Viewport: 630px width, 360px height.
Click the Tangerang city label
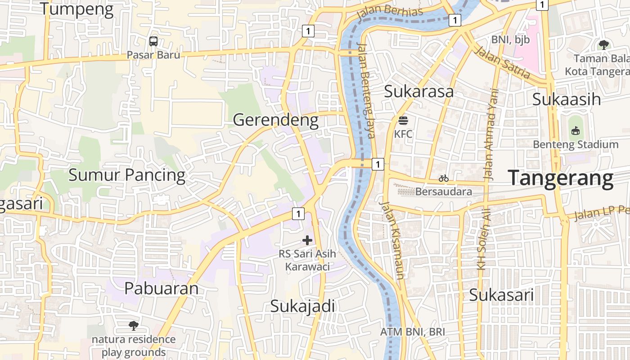[561, 178]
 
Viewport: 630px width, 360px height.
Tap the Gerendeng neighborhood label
[276, 120]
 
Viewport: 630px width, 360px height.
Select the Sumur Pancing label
[126, 175]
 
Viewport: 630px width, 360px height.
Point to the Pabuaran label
[161, 288]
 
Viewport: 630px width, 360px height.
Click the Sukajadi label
[302, 306]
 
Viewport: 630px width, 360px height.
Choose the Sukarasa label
[418, 91]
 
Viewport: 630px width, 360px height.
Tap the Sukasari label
[501, 296]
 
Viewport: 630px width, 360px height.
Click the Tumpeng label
[76, 9]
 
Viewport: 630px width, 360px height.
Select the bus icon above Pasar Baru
[153, 41]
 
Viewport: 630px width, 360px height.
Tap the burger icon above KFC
[403, 121]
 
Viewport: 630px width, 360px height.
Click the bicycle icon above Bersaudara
[444, 179]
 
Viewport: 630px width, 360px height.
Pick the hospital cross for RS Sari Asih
[307, 241]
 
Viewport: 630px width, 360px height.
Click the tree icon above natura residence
[133, 325]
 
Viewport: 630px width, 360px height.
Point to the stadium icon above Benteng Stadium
[575, 131]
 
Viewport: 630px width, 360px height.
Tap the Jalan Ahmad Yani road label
[491, 135]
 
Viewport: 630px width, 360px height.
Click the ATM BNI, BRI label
[412, 332]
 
